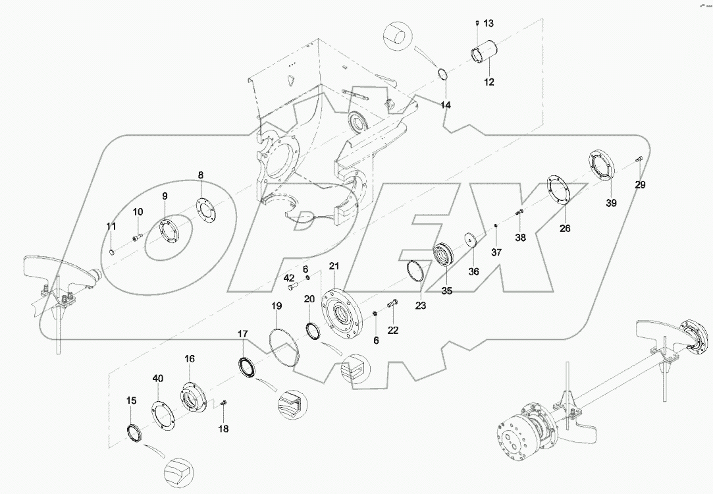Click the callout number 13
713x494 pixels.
pos(488,24)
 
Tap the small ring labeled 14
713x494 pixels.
pos(444,74)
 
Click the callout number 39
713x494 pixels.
pos(611,203)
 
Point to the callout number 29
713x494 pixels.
pos(640,185)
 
